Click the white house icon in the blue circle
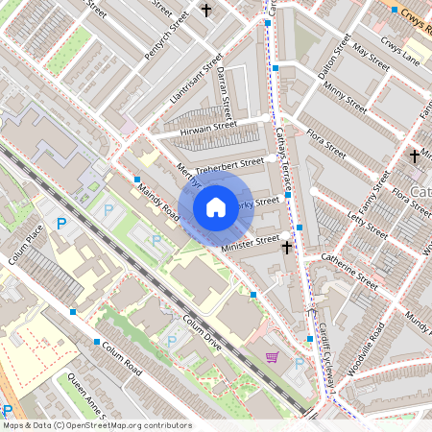216,206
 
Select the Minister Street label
251,243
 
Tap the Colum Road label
120,356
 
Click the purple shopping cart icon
273,357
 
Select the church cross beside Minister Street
286,248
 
